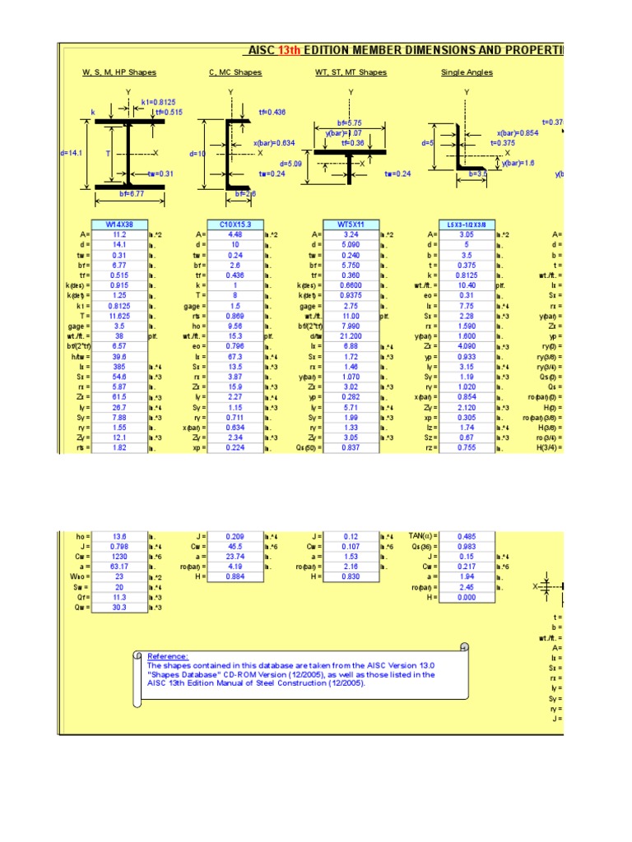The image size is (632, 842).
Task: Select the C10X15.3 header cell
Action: (235, 224)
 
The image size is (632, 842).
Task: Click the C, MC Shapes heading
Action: (235, 72)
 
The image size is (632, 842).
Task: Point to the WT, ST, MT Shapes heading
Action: (351, 72)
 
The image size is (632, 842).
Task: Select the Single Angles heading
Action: (467, 72)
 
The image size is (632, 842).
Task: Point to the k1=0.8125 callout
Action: (158, 102)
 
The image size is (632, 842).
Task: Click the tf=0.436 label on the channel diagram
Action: (272, 111)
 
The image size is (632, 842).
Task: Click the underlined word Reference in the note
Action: (168, 656)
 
